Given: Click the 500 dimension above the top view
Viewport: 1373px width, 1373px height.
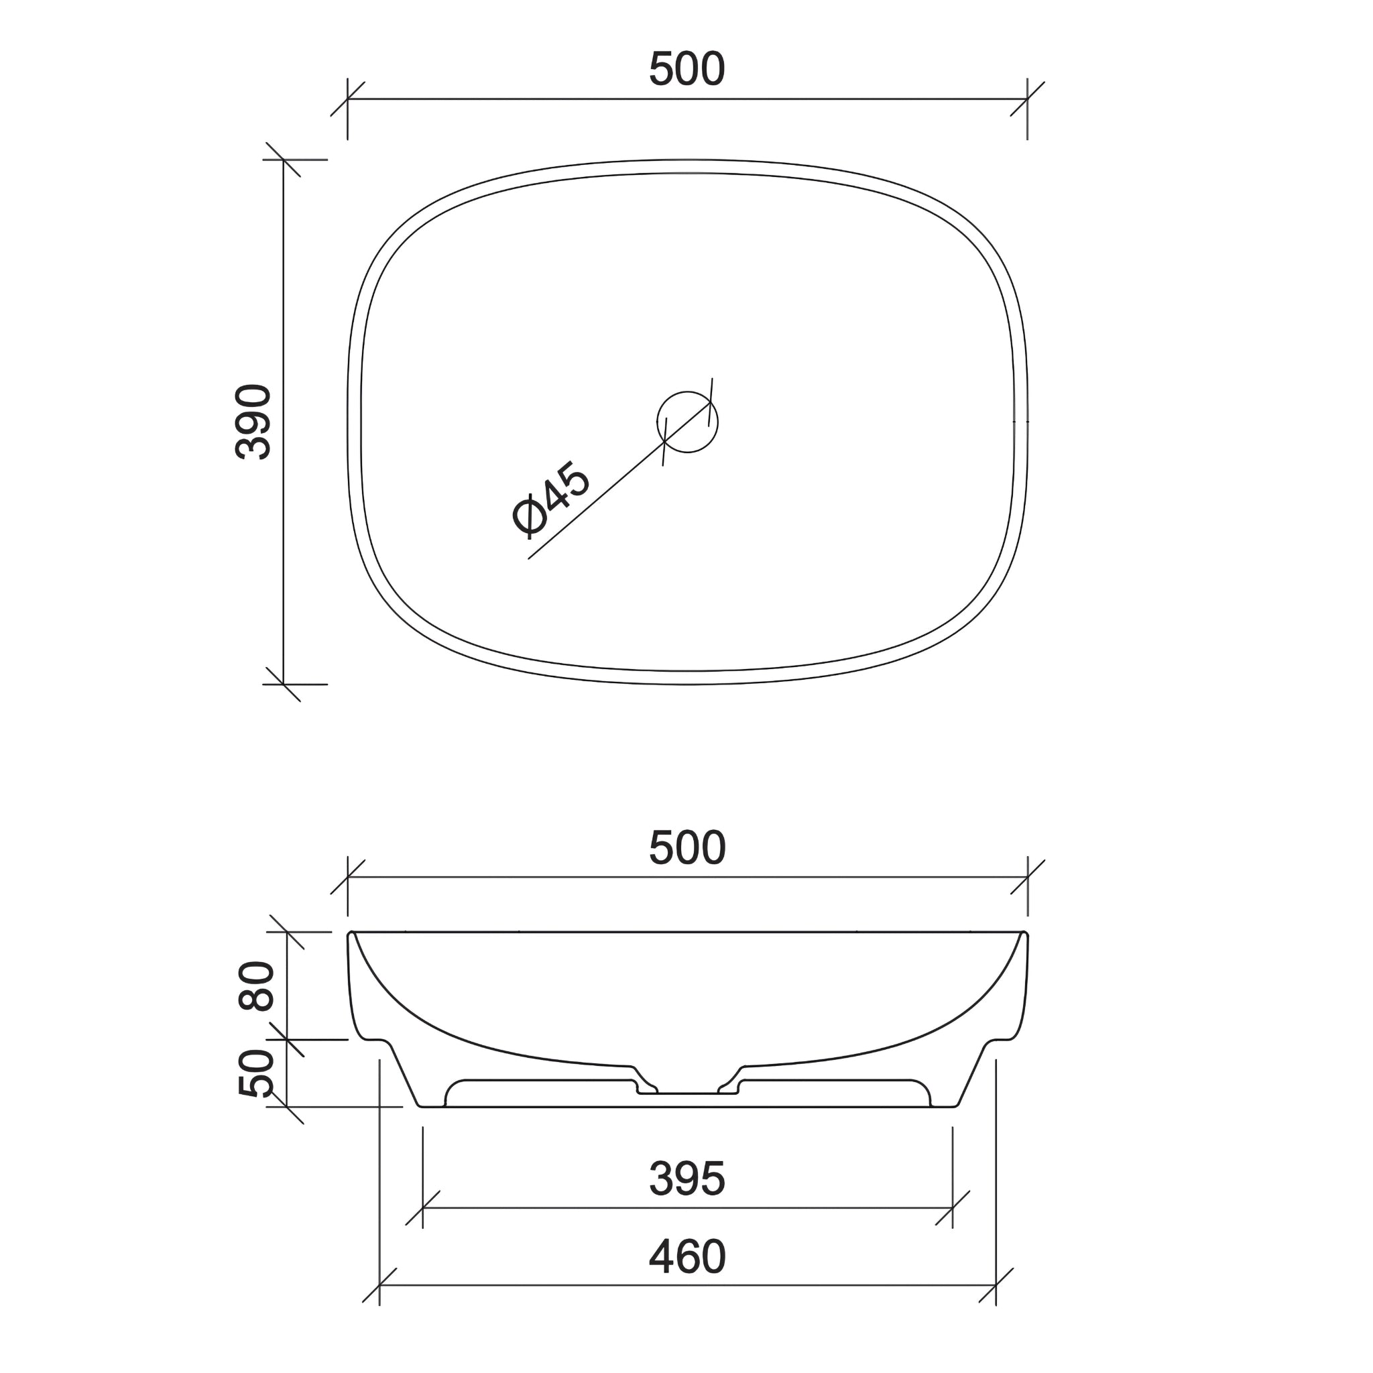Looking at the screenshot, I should point(686,70).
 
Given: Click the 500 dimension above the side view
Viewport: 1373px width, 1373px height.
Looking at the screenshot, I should point(686,848).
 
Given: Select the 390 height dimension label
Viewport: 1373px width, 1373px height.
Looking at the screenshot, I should point(253,422).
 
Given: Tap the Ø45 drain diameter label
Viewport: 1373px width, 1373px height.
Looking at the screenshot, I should point(551,497).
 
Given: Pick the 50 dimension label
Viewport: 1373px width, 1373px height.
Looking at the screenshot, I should point(256,1073).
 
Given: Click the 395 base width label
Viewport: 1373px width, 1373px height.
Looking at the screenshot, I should point(686,1179).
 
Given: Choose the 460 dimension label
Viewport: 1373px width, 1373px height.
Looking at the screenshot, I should point(686,1257).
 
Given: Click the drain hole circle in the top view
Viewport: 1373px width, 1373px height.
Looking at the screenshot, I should point(687,422).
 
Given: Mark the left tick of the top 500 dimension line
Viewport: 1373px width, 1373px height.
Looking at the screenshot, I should point(347,99).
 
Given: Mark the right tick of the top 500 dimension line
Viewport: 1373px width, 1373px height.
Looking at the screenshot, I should point(1028,99).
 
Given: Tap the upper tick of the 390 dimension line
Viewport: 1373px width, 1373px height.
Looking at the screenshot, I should point(284,160).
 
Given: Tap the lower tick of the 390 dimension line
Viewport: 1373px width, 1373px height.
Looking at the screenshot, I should point(284,684).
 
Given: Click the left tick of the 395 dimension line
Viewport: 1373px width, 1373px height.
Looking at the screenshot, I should point(423,1208).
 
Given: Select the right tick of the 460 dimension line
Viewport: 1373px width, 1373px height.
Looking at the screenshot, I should point(996,1286).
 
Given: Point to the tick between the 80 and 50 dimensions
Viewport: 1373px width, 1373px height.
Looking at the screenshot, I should point(286,1040).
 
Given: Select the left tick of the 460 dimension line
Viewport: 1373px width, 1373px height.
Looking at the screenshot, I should point(379,1286).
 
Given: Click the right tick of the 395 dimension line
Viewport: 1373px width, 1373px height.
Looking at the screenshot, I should point(952,1208).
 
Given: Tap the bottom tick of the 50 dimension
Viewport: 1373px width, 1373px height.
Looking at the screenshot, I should point(286,1106).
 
